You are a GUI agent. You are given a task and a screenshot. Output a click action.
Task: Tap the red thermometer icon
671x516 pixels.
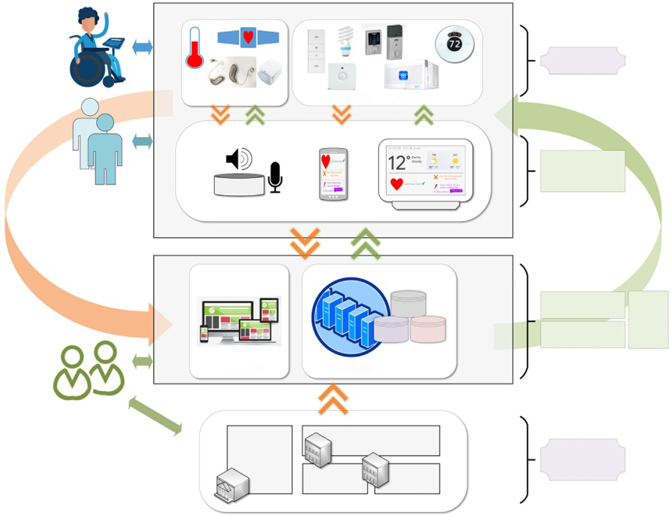pyautogui.click(x=194, y=50)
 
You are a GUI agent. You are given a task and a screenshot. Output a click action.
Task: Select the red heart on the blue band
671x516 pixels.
pyautogui.click(x=248, y=37)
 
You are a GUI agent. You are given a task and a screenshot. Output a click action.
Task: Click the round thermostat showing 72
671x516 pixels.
pyautogui.click(x=454, y=44)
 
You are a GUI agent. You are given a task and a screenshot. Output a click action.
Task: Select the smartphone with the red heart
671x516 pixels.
pyautogui.click(x=333, y=174)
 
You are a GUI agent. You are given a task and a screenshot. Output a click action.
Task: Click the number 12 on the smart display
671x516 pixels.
pyautogui.click(x=397, y=163)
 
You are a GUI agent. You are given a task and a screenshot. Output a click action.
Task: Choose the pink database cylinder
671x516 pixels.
pyautogui.click(x=428, y=329)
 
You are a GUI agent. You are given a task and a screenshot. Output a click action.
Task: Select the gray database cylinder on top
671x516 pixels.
pyautogui.click(x=408, y=303)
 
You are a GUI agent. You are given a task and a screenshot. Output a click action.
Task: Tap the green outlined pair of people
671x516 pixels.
pyautogui.click(x=89, y=370)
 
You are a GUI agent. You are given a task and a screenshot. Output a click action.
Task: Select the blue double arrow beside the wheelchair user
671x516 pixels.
pyautogui.click(x=143, y=48)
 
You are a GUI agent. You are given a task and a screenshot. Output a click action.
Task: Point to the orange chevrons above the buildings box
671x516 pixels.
pyautogui.click(x=333, y=399)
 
